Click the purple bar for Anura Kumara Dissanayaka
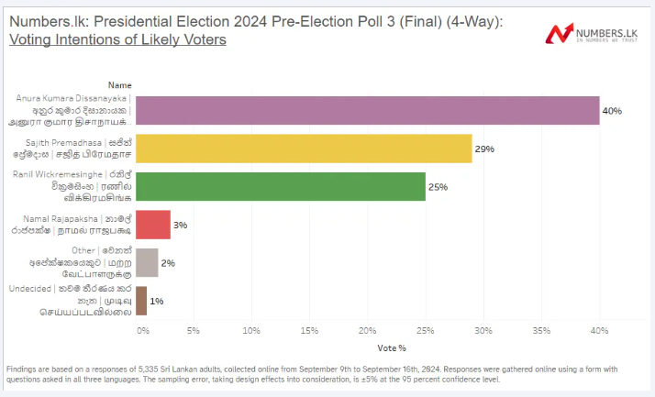(x=367, y=110)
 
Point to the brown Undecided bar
(x=141, y=301)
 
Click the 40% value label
(x=612, y=111)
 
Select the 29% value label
(x=484, y=149)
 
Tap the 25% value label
(x=439, y=187)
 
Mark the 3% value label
(x=180, y=225)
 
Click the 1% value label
(x=157, y=302)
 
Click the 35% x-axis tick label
(x=541, y=329)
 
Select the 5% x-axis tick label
(x=194, y=329)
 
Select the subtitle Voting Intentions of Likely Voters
(x=117, y=40)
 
